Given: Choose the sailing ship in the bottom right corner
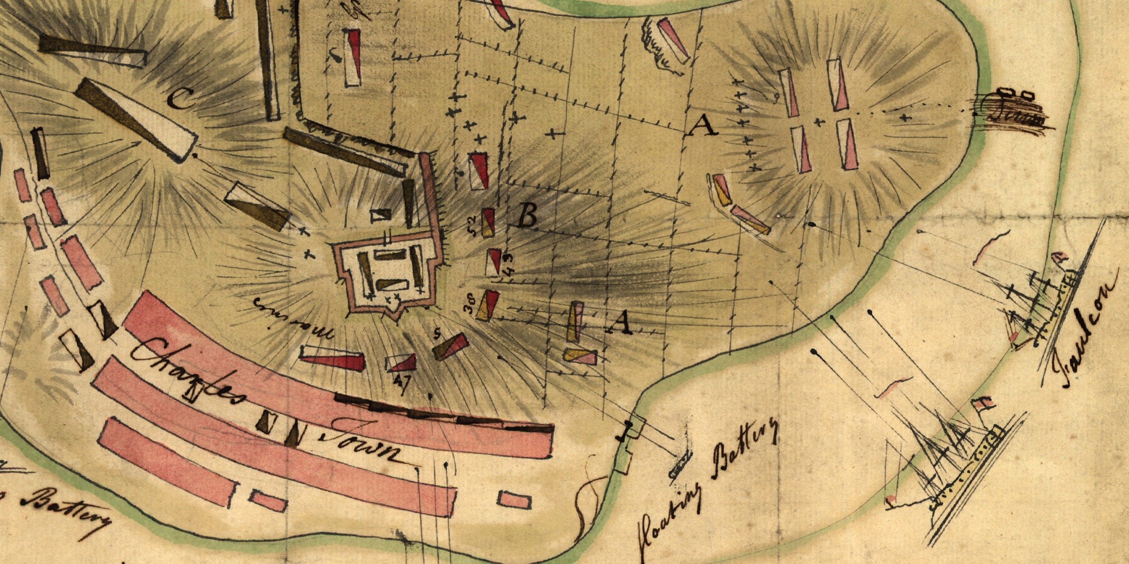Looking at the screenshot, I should [964, 465].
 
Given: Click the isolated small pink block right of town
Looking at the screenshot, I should [514, 500].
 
